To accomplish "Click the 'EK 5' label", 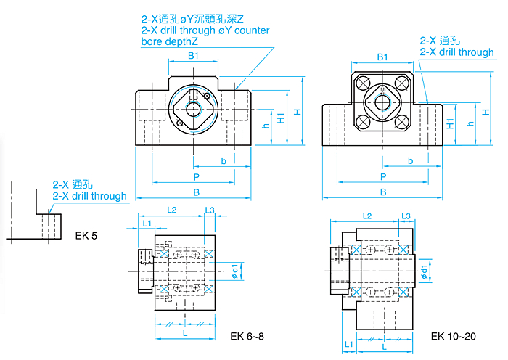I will click(x=86, y=235).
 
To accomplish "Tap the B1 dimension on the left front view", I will click(x=193, y=57).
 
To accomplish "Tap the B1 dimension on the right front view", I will click(x=383, y=57).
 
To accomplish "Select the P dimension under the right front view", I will click(x=382, y=176).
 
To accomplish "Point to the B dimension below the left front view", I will click(x=195, y=192).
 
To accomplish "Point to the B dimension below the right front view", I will click(x=382, y=192).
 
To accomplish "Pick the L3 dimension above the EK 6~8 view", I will click(x=209, y=210).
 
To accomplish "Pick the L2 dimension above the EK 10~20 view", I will click(x=366, y=216).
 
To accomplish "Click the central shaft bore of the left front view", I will click(x=194, y=109).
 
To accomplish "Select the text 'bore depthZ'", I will click(x=170, y=41).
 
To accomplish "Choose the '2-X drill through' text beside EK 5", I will click(x=89, y=196).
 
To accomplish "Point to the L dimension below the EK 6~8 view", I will click(x=184, y=332).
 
